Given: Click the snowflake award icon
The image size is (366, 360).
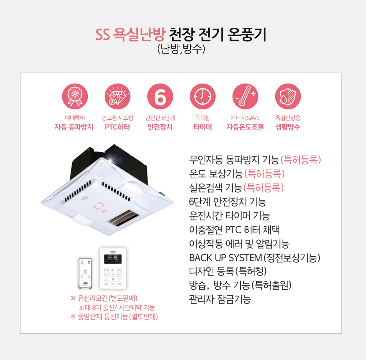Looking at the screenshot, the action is tap(75, 96).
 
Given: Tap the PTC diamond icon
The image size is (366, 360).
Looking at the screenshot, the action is tap(117, 96).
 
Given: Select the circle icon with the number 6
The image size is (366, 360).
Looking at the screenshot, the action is tap(160, 96).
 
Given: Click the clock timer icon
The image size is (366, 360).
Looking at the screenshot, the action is tap(203, 96).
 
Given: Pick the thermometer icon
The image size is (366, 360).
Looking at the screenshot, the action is tap(245, 96).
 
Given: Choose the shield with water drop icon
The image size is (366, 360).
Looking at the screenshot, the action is tap(288, 96).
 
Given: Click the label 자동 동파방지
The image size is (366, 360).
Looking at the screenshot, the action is tap(74, 127).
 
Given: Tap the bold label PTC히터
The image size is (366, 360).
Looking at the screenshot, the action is tap(117, 127).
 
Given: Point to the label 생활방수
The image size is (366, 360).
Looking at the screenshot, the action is tap(288, 127).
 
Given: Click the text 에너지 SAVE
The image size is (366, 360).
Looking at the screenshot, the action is tap(245, 118).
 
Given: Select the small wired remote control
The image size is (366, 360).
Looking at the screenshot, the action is tap(85, 273).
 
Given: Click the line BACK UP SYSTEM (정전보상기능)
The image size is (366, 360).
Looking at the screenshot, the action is tap(255, 258).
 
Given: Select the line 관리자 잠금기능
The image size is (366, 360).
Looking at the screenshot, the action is tap(220, 299).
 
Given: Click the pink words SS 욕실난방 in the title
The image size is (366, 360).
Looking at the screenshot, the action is tap(131, 34).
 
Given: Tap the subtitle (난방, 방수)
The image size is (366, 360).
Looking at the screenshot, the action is tap(181, 49).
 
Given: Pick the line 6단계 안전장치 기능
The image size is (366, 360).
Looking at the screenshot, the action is tap(228, 202).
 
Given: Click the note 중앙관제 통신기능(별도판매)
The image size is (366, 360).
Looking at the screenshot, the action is tap(114, 317).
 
